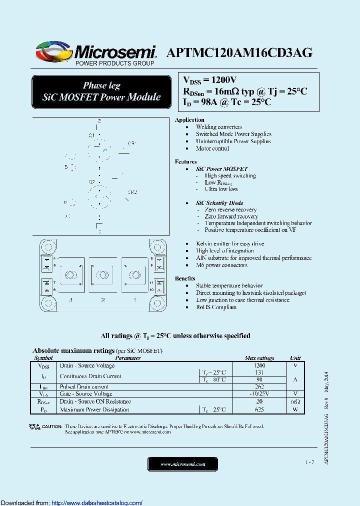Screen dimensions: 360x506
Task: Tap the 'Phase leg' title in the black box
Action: (101, 85)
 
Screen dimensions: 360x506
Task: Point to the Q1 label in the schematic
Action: (92, 135)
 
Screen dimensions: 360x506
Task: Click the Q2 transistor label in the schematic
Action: (92, 181)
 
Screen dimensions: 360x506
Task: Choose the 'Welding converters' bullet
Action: (219, 127)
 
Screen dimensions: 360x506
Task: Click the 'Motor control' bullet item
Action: (212, 148)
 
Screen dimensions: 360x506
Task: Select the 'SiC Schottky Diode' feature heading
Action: (219, 203)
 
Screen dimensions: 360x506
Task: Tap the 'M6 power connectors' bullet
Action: (221, 265)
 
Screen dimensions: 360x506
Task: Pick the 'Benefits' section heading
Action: (185, 278)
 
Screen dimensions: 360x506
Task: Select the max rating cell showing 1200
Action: (259, 365)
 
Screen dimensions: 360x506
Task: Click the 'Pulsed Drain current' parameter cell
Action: (84, 386)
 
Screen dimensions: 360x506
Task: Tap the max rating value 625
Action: (259, 409)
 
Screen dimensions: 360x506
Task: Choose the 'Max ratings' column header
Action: (259, 358)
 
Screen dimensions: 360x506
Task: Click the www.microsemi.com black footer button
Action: (183, 464)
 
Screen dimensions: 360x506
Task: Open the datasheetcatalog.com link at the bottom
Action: (97, 502)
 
